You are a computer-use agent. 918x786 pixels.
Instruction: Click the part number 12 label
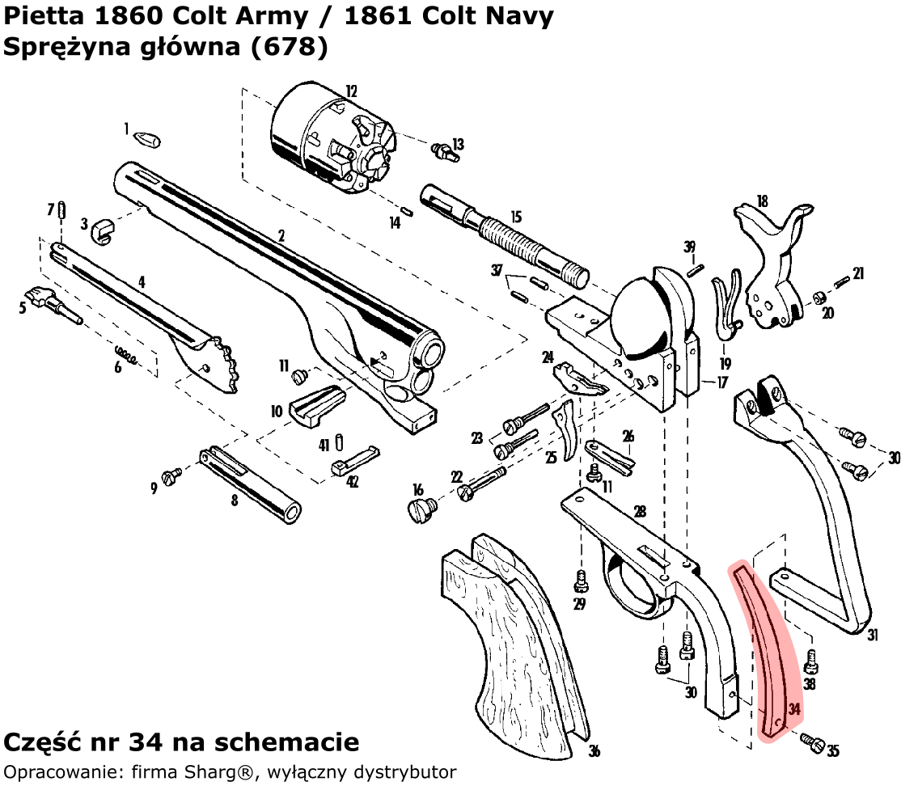tap(351, 91)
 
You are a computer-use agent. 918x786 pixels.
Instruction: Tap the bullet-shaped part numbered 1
tap(147, 139)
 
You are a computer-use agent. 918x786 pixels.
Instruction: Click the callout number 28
tap(640, 512)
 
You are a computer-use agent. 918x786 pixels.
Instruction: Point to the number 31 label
tap(873, 636)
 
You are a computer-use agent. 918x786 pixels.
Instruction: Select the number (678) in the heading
tap(290, 47)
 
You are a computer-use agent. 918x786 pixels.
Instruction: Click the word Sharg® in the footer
tap(219, 771)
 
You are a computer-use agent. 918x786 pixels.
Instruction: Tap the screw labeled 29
tap(579, 580)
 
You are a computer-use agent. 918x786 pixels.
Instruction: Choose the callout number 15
tap(516, 217)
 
